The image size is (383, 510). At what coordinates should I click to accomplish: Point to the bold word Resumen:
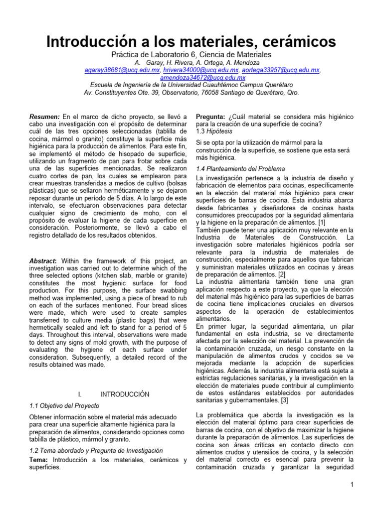pos(45,117)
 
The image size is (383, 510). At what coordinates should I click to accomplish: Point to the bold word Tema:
pos(40,460)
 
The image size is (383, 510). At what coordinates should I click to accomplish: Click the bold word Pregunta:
pos(212,117)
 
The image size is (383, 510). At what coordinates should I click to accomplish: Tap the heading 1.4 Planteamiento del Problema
pos(240,169)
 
